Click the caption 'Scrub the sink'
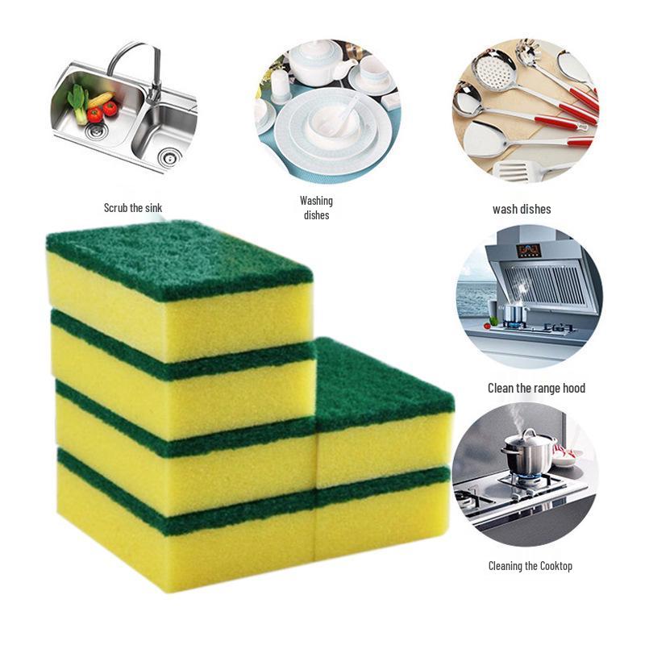[133, 208]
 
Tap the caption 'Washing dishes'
[316, 207]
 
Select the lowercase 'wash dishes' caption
[522, 209]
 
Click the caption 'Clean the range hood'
[536, 388]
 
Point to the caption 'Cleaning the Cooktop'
[530, 566]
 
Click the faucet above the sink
[134, 64]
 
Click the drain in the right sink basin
[168, 155]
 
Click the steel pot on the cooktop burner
[529, 456]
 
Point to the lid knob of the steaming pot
[528, 434]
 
